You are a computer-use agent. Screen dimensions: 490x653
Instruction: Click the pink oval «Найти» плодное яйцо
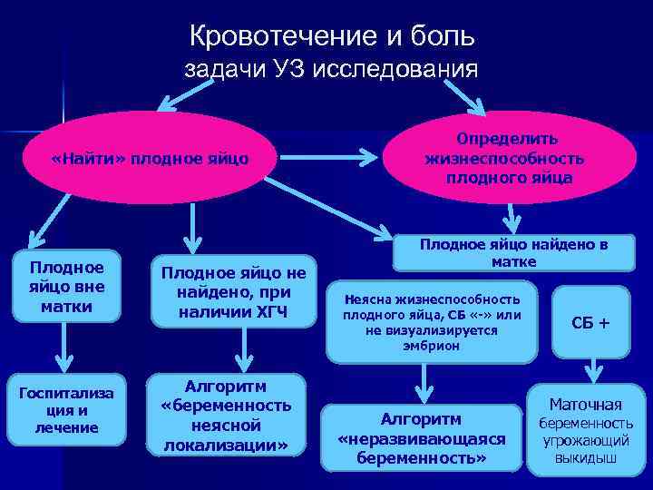coord(151,160)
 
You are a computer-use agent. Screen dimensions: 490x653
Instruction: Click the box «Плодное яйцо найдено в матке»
coord(513,253)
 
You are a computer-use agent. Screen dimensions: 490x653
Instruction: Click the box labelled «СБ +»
coord(590,322)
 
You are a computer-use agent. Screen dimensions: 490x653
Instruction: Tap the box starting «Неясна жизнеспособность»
coord(432,322)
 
